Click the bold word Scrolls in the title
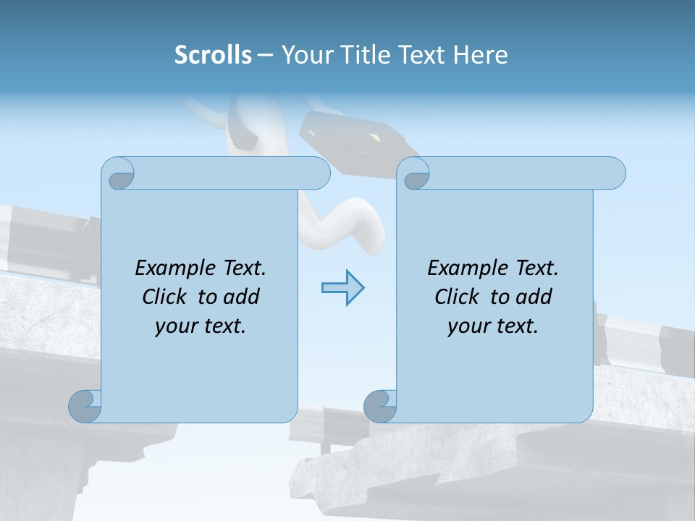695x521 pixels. pyautogui.click(x=213, y=55)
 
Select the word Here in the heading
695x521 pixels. pyautogui.click(x=480, y=55)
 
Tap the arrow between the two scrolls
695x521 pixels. pyautogui.click(x=342, y=288)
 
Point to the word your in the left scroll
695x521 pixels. pyautogui.click(x=175, y=326)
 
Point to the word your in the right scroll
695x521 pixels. pyautogui.click(x=468, y=326)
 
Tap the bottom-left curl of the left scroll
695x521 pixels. pyautogui.click(x=85, y=405)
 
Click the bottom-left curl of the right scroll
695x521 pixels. pyautogui.click(x=381, y=405)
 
